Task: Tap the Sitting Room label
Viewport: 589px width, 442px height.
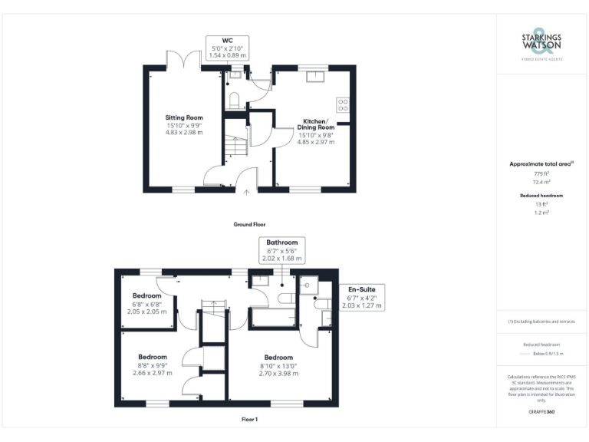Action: click(x=184, y=125)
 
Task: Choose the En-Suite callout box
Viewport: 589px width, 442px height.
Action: click(x=361, y=297)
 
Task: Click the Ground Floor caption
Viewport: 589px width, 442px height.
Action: click(x=249, y=225)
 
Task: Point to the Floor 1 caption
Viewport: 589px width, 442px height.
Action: click(x=249, y=420)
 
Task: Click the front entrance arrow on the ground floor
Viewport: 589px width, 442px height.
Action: click(x=246, y=193)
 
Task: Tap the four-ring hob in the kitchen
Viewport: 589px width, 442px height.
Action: click(x=342, y=104)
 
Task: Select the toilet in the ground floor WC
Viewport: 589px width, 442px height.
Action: click(x=234, y=98)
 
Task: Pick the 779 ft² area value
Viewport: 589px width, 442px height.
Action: click(x=541, y=174)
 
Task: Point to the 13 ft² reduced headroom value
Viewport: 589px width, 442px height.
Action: click(x=541, y=205)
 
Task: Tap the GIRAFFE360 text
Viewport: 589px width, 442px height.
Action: click(x=541, y=413)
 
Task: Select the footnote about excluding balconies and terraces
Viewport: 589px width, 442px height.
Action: click(x=541, y=322)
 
